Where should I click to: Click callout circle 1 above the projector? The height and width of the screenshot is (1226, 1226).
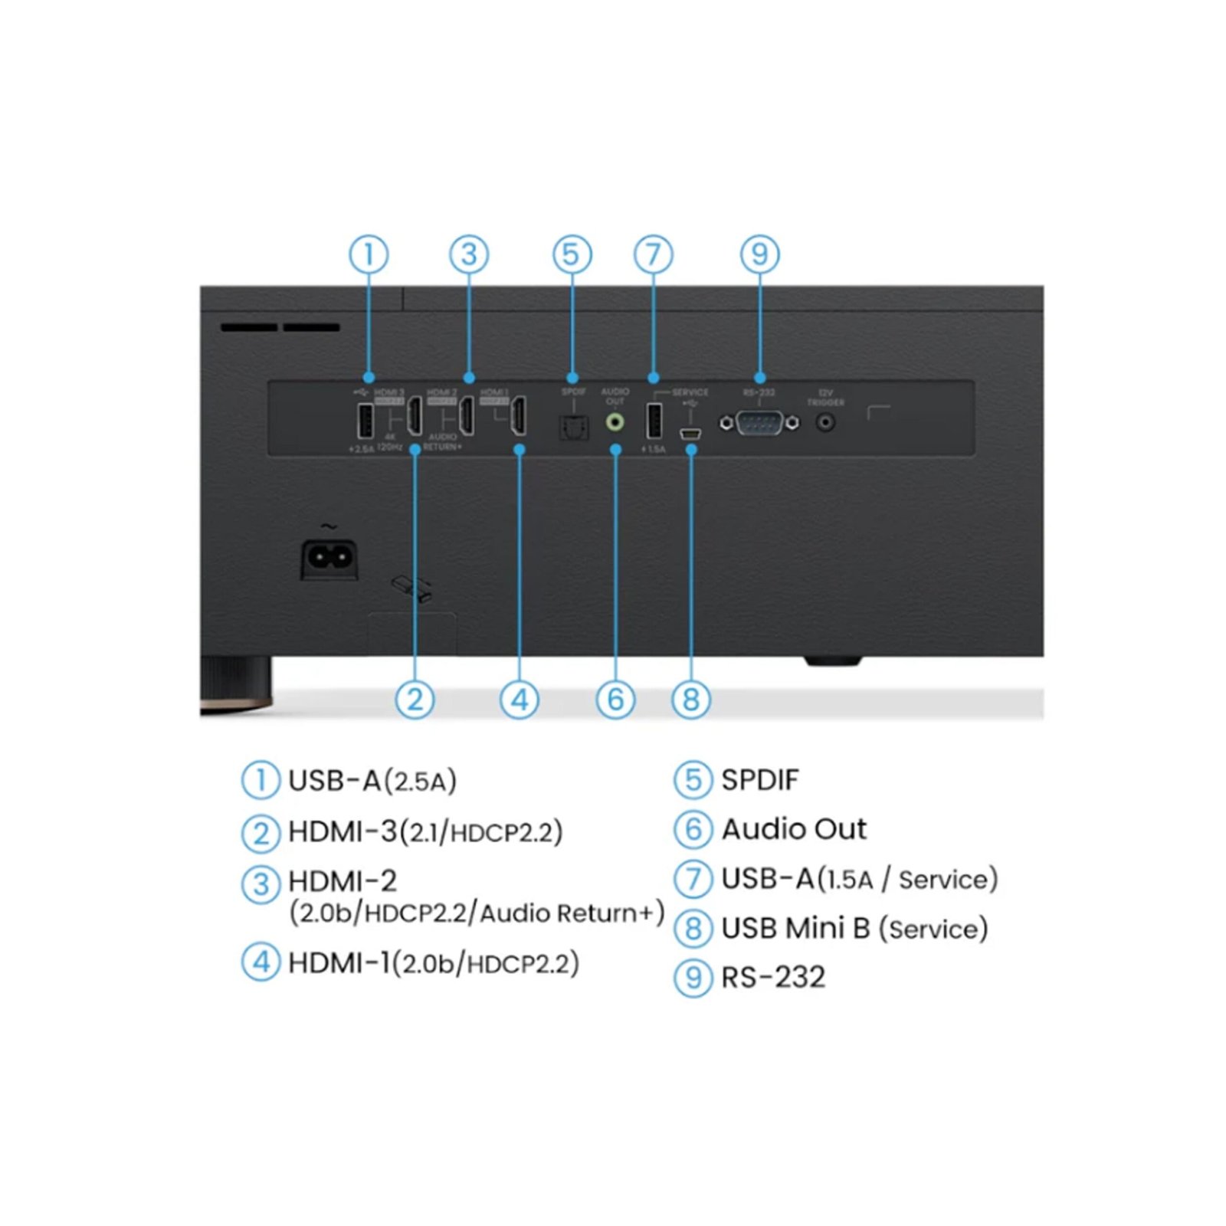click(x=369, y=254)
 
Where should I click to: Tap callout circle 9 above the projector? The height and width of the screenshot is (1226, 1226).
click(x=759, y=254)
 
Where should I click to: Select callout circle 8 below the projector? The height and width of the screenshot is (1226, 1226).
click(x=690, y=700)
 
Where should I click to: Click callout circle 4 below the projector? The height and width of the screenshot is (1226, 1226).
click(x=520, y=700)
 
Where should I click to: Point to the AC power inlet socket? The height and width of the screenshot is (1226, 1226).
click(x=329, y=558)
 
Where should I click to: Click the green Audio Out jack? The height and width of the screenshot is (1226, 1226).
click(x=615, y=422)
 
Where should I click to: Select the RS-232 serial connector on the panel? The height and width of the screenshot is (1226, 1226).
click(x=759, y=423)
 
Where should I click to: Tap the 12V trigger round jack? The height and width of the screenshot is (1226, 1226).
click(x=825, y=422)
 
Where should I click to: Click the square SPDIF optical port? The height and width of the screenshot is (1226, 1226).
click(x=573, y=427)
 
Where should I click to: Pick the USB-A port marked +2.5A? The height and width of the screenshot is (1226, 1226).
click(x=366, y=421)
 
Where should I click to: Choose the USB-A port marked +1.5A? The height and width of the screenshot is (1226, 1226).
click(x=654, y=421)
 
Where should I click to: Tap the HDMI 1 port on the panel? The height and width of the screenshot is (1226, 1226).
click(x=519, y=416)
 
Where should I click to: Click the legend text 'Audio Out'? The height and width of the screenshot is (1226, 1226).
click(x=794, y=829)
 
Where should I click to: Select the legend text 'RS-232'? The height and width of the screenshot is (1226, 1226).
click(x=773, y=977)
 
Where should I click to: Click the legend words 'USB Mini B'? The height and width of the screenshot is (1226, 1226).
click(x=795, y=928)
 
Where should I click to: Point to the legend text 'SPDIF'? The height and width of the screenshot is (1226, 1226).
click(x=759, y=780)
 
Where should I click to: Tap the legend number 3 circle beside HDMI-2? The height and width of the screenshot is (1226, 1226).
click(x=261, y=883)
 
